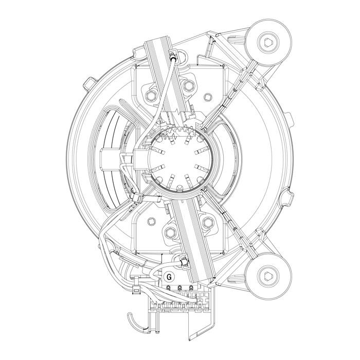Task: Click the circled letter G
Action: (169, 277)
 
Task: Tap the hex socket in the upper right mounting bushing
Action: (268, 43)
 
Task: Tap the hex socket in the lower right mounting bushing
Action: (268, 276)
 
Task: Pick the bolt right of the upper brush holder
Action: (188, 85)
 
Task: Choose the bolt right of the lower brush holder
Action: (208, 222)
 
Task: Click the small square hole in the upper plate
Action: (208, 97)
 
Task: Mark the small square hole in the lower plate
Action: (152, 221)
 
